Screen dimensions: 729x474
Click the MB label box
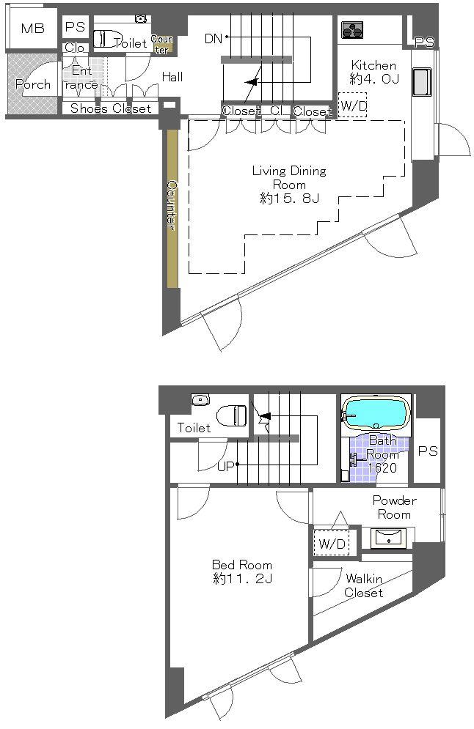pos(32,29)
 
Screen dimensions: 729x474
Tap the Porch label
pos(33,84)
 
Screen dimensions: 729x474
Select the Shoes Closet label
pos(111,109)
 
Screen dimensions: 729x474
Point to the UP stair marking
pos(225,465)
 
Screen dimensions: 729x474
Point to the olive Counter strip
pos(172,208)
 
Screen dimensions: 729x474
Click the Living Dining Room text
pos(288,177)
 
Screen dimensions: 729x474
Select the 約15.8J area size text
pos(288,199)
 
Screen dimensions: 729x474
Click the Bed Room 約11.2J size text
pos(241,579)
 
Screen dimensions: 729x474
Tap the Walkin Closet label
pos(363,585)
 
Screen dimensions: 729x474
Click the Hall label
pos(172,77)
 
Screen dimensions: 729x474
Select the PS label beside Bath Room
pos(427,451)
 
